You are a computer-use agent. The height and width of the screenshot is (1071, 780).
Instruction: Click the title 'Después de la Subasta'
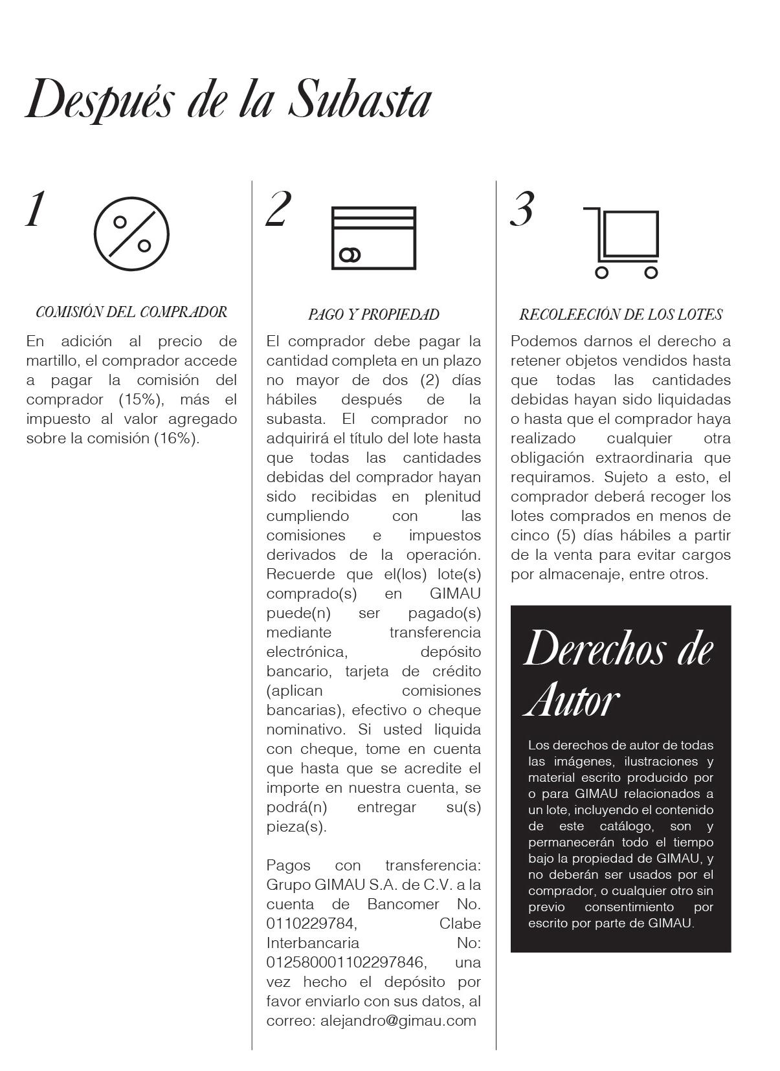click(228, 99)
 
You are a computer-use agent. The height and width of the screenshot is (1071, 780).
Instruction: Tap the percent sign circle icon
click(131, 234)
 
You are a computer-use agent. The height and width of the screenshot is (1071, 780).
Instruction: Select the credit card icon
click(373, 237)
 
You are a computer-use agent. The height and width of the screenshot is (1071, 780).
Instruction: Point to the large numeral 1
click(36, 209)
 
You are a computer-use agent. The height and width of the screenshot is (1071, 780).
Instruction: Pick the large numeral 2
click(278, 209)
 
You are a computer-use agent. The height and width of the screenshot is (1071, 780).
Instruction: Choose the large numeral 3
click(522, 209)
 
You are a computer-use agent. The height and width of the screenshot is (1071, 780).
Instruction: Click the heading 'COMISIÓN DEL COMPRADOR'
click(131, 312)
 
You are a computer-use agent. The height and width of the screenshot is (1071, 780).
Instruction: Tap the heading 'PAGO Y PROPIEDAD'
click(373, 315)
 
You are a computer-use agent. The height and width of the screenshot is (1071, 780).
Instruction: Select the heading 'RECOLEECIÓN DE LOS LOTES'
click(621, 315)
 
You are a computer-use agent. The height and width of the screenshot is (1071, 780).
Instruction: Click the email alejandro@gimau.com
click(398, 1021)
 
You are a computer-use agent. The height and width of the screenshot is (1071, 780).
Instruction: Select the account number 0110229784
click(311, 923)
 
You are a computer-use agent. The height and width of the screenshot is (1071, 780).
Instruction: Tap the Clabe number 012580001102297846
click(346, 962)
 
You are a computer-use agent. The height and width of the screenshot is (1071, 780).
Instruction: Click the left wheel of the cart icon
click(602, 272)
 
